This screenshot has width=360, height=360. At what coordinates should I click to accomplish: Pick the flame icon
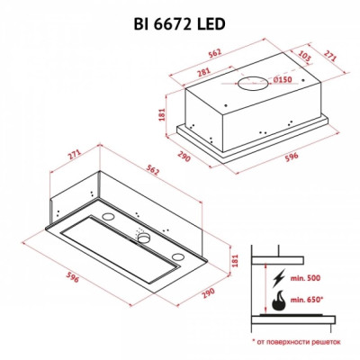click(277, 298)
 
